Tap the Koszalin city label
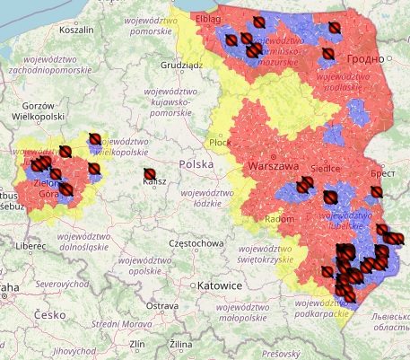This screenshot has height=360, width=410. [x=76, y=30]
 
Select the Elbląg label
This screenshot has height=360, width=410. [x=208, y=17]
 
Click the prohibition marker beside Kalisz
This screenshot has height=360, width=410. [x=150, y=174]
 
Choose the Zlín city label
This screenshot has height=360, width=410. [x=137, y=344]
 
